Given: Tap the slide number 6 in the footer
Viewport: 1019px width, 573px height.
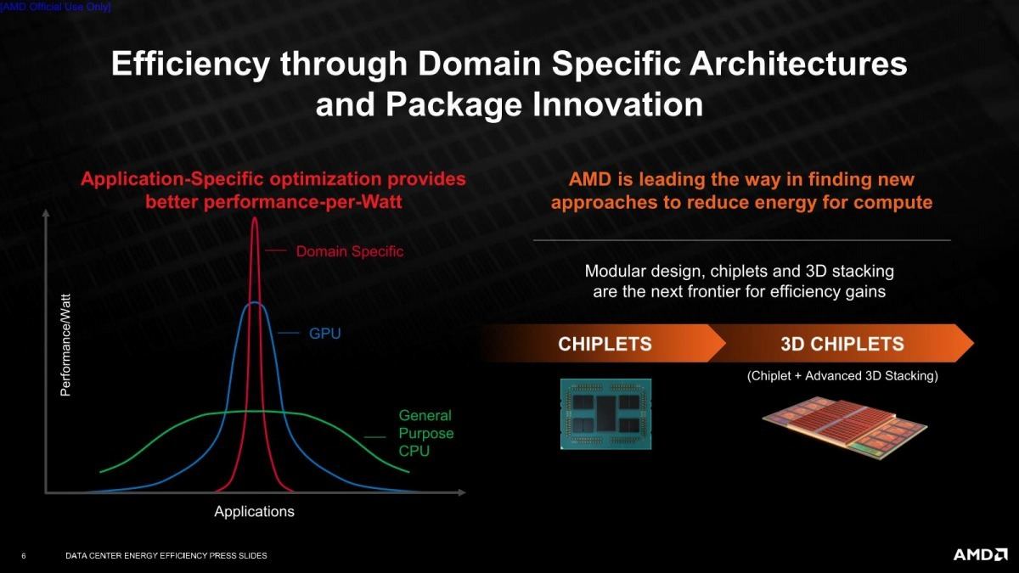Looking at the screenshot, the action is click(x=24, y=556).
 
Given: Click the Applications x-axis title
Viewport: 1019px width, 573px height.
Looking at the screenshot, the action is click(x=254, y=512).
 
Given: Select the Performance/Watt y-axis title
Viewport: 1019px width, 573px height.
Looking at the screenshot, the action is click(x=66, y=345).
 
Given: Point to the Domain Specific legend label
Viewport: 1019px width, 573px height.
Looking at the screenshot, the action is click(x=350, y=251).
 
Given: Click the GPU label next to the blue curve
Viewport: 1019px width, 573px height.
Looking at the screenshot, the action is click(x=324, y=334).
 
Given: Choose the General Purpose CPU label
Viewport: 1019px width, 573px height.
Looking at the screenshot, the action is click(x=425, y=433).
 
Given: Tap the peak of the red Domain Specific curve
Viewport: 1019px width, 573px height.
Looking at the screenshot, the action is click(x=254, y=218).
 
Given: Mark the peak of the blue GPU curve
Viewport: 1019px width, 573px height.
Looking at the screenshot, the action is click(x=254, y=303).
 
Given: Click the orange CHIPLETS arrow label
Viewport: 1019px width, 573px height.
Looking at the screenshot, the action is click(x=605, y=344).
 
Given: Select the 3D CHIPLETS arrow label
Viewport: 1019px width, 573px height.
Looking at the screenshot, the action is click(x=842, y=344).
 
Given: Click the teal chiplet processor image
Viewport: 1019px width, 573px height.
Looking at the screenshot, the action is click(x=606, y=414).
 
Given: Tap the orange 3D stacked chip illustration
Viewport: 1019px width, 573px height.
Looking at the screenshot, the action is click(x=844, y=428).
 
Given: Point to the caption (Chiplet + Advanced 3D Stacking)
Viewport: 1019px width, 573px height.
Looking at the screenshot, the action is click(x=842, y=376).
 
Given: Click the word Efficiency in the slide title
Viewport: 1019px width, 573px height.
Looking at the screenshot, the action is click(x=190, y=65).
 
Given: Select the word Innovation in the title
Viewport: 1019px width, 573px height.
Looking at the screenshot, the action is click(x=617, y=105).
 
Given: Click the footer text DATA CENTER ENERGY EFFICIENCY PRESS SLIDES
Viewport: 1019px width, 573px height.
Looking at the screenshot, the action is click(x=166, y=556).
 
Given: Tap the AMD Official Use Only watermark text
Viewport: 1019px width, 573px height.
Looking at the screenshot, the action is click(x=55, y=8).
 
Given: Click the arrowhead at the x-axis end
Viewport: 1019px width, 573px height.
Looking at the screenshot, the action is click(x=462, y=492).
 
